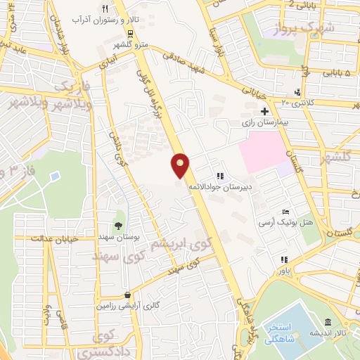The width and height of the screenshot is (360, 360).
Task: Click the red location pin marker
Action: [x=181, y=165]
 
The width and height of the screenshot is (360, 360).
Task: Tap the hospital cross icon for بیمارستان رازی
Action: [x=264, y=111]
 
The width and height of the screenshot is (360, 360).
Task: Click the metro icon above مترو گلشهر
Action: [x=130, y=32]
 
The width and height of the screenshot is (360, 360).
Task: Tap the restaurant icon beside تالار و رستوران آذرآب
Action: [x=105, y=8]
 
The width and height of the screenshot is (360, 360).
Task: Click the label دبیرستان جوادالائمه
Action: [x=219, y=188]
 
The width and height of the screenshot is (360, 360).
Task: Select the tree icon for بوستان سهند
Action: [x=118, y=226]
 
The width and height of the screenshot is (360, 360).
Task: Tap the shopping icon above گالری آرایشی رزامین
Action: [x=127, y=295]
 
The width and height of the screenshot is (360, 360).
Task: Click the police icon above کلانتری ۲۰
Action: [x=300, y=92]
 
